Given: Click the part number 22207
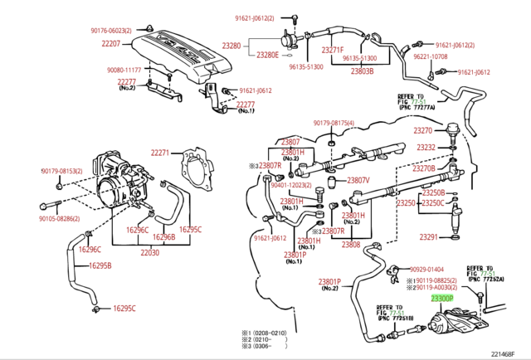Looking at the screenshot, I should (x=111, y=43).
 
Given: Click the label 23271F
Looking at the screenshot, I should (x=332, y=50).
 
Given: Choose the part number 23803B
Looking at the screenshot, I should (x=362, y=71).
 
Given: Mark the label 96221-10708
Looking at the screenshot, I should (x=431, y=57).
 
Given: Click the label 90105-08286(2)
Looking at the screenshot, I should (x=59, y=219).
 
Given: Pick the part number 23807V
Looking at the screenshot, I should (x=358, y=180).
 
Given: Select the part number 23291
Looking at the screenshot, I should (x=428, y=237).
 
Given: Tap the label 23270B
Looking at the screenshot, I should (x=424, y=168).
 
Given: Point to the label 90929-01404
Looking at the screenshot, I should (x=426, y=270).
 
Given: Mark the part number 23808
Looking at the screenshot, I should (x=351, y=245).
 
